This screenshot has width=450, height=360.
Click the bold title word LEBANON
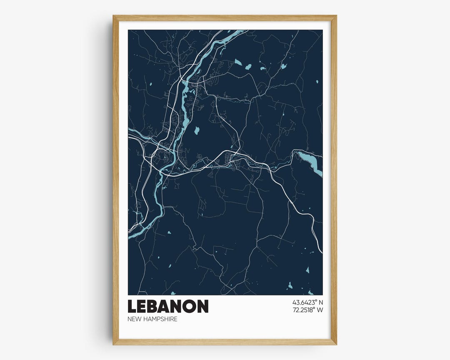168,306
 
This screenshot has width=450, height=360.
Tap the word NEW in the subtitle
134,319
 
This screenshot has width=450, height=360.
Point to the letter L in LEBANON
132,306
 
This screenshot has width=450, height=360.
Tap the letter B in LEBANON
156,306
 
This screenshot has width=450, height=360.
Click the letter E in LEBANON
143,306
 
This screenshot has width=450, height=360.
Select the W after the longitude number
320,310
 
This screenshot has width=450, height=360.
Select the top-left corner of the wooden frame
114,16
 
